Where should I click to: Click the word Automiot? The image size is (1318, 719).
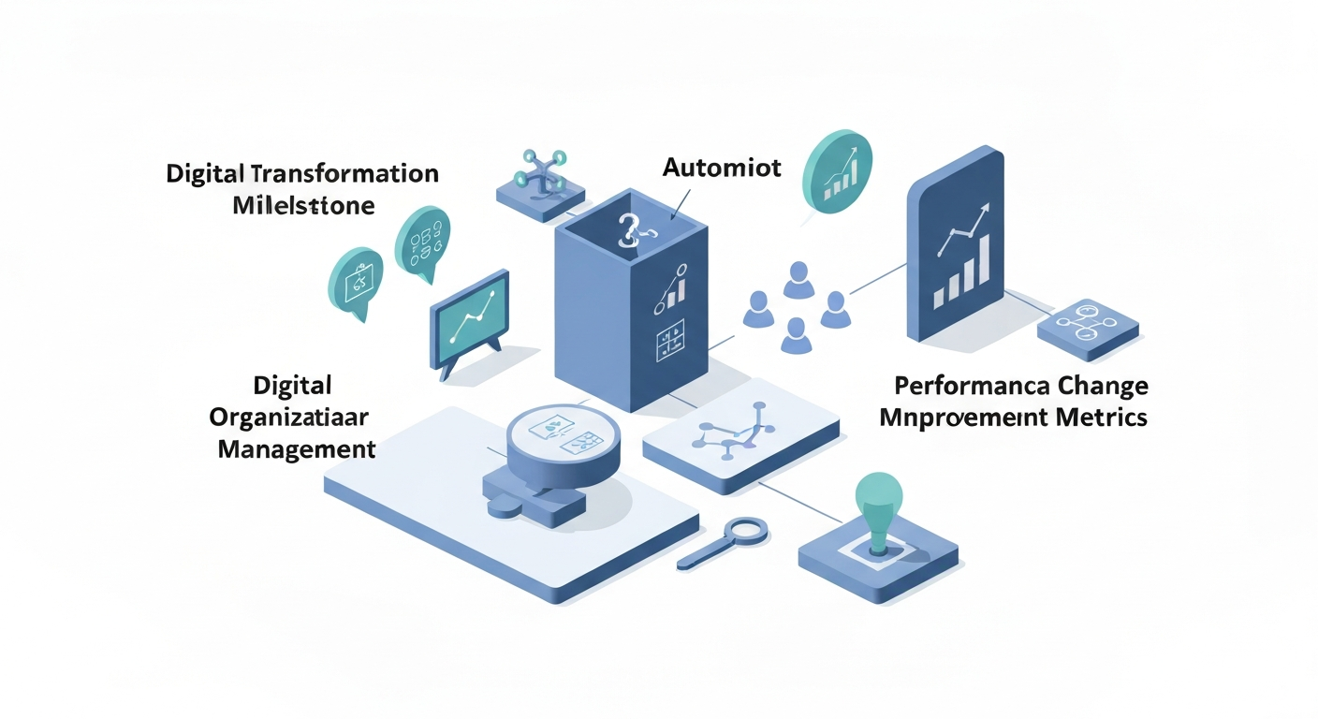pyautogui.click(x=721, y=169)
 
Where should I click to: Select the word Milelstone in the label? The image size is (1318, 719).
pyautogui.click(x=303, y=205)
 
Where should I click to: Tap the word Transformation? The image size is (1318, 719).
pyautogui.click(x=345, y=174)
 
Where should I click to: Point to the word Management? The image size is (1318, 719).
pyautogui.click(x=297, y=448)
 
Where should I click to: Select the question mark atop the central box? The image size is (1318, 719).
pyautogui.click(x=628, y=228)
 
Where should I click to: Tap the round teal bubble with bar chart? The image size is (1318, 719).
pyautogui.click(x=838, y=170)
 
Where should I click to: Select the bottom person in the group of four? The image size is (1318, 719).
pyautogui.click(x=795, y=334)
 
